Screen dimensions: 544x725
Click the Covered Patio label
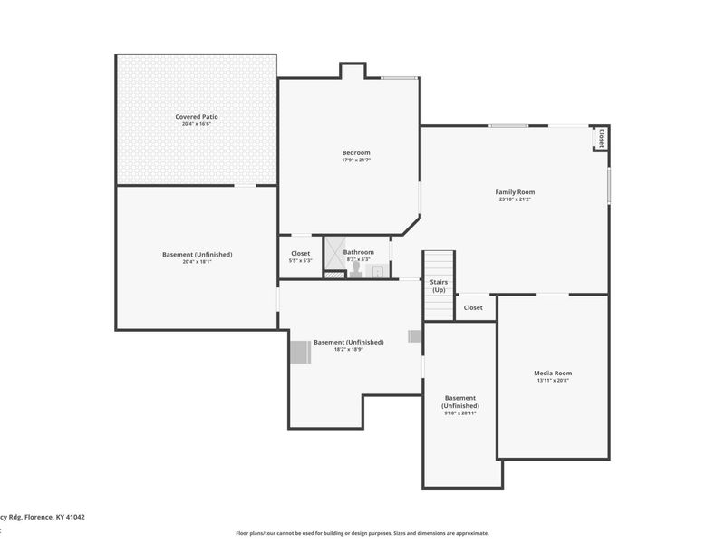pos(197,116)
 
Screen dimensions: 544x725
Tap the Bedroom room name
pos(355,152)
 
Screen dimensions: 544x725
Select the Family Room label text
pos(515,191)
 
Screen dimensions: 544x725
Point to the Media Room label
pos(552,373)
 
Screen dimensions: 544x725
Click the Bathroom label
pos(358,252)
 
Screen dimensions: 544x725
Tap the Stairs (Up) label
pos(439,286)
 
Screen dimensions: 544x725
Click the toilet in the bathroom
pos(355,269)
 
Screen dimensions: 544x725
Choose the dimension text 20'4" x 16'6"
pos(197,124)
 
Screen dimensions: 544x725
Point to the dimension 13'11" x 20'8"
pos(552,381)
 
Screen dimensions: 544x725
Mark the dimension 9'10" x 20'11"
pos(460,413)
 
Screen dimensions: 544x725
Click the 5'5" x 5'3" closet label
pos(300,261)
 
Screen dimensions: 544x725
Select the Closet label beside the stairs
pos(473,307)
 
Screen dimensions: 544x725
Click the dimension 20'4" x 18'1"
pos(197,262)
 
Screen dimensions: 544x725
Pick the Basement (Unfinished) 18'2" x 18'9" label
pos(348,343)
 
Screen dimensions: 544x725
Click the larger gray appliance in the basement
pos(299,351)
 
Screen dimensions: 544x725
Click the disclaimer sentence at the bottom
pos(362,533)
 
